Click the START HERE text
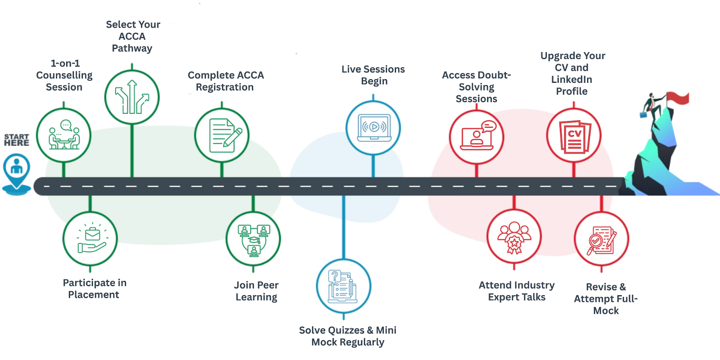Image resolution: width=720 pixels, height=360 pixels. [17, 140]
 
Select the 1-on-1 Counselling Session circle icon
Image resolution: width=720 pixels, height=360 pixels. [64, 135]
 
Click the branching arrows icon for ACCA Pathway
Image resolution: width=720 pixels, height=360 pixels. [132, 97]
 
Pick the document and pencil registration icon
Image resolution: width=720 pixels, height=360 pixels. [222, 135]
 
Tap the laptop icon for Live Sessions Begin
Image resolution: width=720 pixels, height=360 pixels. [373, 128]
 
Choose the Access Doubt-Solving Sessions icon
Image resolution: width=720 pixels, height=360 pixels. [477, 137]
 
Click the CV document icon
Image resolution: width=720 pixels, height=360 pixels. [574, 136]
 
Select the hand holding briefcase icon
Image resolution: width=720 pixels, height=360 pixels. [90, 239]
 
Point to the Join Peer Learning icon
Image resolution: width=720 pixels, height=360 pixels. [253, 239]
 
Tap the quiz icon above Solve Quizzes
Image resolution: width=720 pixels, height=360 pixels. [344, 286]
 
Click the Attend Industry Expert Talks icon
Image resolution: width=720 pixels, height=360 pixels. [514, 237]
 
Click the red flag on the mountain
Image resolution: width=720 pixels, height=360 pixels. [678, 98]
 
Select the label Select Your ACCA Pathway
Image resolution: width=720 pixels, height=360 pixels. [132, 36]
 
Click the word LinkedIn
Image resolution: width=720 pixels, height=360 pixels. [571, 80]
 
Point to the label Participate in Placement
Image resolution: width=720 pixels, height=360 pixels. [94, 288]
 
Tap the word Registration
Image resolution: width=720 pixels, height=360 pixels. [225, 87]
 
